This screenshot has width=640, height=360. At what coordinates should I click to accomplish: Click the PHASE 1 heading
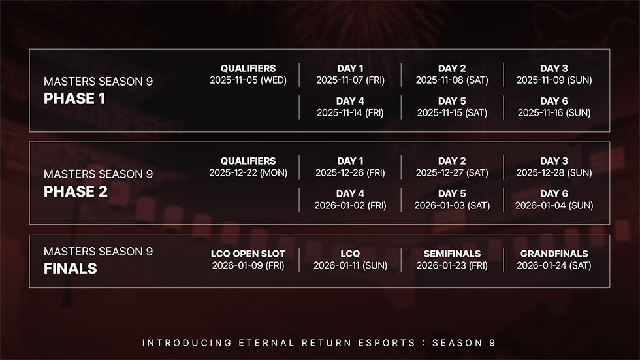(74, 99)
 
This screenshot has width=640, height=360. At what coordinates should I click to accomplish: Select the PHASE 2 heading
(76, 191)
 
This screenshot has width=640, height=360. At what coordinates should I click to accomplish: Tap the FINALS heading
(71, 269)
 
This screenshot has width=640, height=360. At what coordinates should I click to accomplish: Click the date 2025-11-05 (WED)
(248, 80)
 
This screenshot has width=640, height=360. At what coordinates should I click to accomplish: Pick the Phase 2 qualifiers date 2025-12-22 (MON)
(248, 173)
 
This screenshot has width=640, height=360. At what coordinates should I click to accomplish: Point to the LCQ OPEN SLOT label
(248, 254)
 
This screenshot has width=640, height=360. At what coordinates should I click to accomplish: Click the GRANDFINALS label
(554, 254)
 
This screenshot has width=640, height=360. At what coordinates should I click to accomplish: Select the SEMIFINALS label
(452, 254)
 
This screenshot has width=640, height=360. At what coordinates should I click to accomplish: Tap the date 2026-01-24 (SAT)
(554, 266)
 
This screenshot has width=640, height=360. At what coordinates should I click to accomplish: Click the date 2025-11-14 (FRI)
(350, 113)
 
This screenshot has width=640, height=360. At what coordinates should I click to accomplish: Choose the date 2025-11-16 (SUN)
(554, 113)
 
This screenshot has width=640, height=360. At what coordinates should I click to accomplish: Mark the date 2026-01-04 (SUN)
(554, 206)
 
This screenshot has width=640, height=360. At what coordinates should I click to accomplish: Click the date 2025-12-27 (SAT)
(452, 173)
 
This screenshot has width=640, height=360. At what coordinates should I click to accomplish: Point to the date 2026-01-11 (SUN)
(350, 266)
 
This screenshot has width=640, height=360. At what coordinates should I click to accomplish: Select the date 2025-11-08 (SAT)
(452, 80)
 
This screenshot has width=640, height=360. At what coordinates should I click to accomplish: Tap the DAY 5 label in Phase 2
(452, 193)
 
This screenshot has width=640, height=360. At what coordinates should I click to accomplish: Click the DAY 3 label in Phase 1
(554, 68)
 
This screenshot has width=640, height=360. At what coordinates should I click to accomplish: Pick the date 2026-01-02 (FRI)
(350, 206)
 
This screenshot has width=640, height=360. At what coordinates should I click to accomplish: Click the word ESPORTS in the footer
(387, 343)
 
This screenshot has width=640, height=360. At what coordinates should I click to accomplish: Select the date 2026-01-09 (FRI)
(248, 266)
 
